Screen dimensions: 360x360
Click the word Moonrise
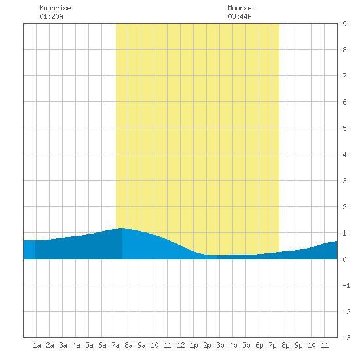point(55,8)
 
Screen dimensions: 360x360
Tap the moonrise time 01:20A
point(51,16)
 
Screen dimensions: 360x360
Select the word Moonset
point(242,8)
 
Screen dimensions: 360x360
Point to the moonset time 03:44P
point(240,16)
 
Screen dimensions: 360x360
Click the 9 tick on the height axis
point(344,24)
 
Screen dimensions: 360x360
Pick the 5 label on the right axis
point(344,128)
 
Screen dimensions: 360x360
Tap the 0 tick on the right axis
point(344,259)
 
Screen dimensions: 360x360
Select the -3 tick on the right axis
point(346,338)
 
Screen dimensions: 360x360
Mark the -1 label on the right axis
point(346,285)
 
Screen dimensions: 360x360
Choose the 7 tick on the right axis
point(344,76)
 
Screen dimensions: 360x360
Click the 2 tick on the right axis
point(344,207)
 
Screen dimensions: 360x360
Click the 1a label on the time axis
point(37,345)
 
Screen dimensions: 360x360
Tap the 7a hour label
point(115,345)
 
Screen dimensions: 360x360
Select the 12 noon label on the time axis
point(181,345)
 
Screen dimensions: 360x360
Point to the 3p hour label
point(220,345)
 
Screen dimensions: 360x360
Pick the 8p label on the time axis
point(285,345)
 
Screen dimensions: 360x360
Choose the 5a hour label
point(89,345)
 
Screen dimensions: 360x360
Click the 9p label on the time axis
point(298,345)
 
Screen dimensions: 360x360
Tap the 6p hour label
point(259,345)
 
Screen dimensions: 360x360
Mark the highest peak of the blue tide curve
point(122,228)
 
